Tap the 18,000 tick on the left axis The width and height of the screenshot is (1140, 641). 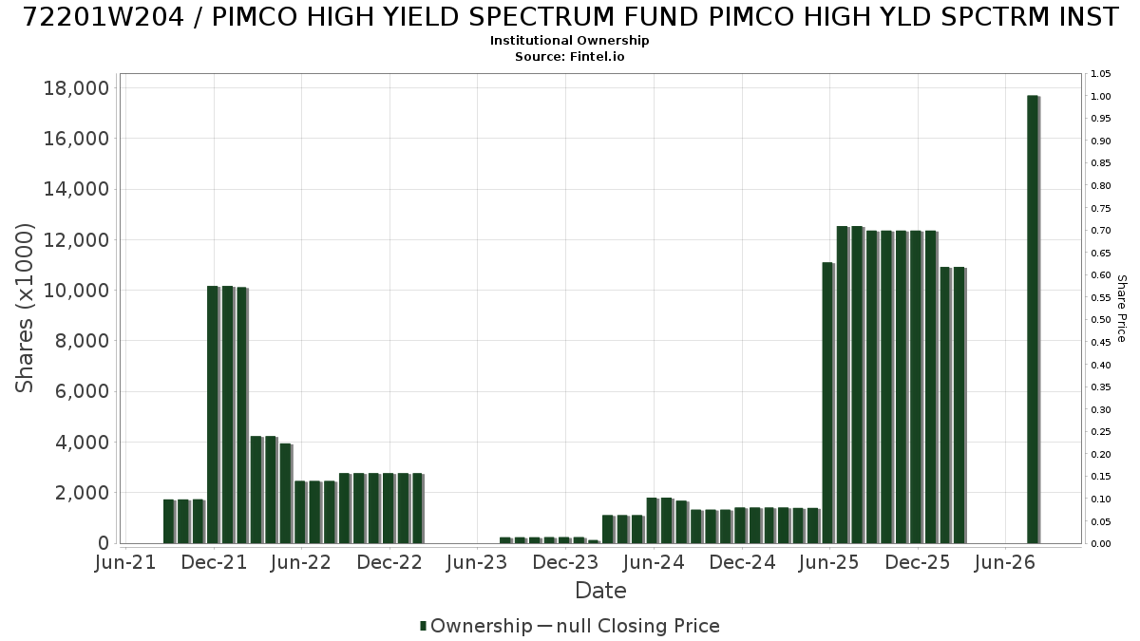(76, 88)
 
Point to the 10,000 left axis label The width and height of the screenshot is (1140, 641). (76, 291)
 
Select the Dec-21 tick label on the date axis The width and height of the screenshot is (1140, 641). (215, 562)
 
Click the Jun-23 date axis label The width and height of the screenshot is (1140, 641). (477, 562)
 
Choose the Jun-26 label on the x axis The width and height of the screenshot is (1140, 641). (1005, 562)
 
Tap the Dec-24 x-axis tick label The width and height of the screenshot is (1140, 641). (742, 562)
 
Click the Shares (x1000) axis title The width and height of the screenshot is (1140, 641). (24, 309)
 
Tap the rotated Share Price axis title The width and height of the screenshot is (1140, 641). (1121, 309)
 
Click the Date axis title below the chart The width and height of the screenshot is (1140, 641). (600, 591)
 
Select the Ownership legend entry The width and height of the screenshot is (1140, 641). (476, 626)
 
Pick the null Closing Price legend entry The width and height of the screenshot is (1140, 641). (629, 626)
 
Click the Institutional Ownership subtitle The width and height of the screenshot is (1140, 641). (569, 41)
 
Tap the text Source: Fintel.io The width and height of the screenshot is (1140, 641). (569, 56)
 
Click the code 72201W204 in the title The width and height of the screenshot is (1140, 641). (104, 17)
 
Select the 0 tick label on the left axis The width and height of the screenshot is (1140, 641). (104, 543)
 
